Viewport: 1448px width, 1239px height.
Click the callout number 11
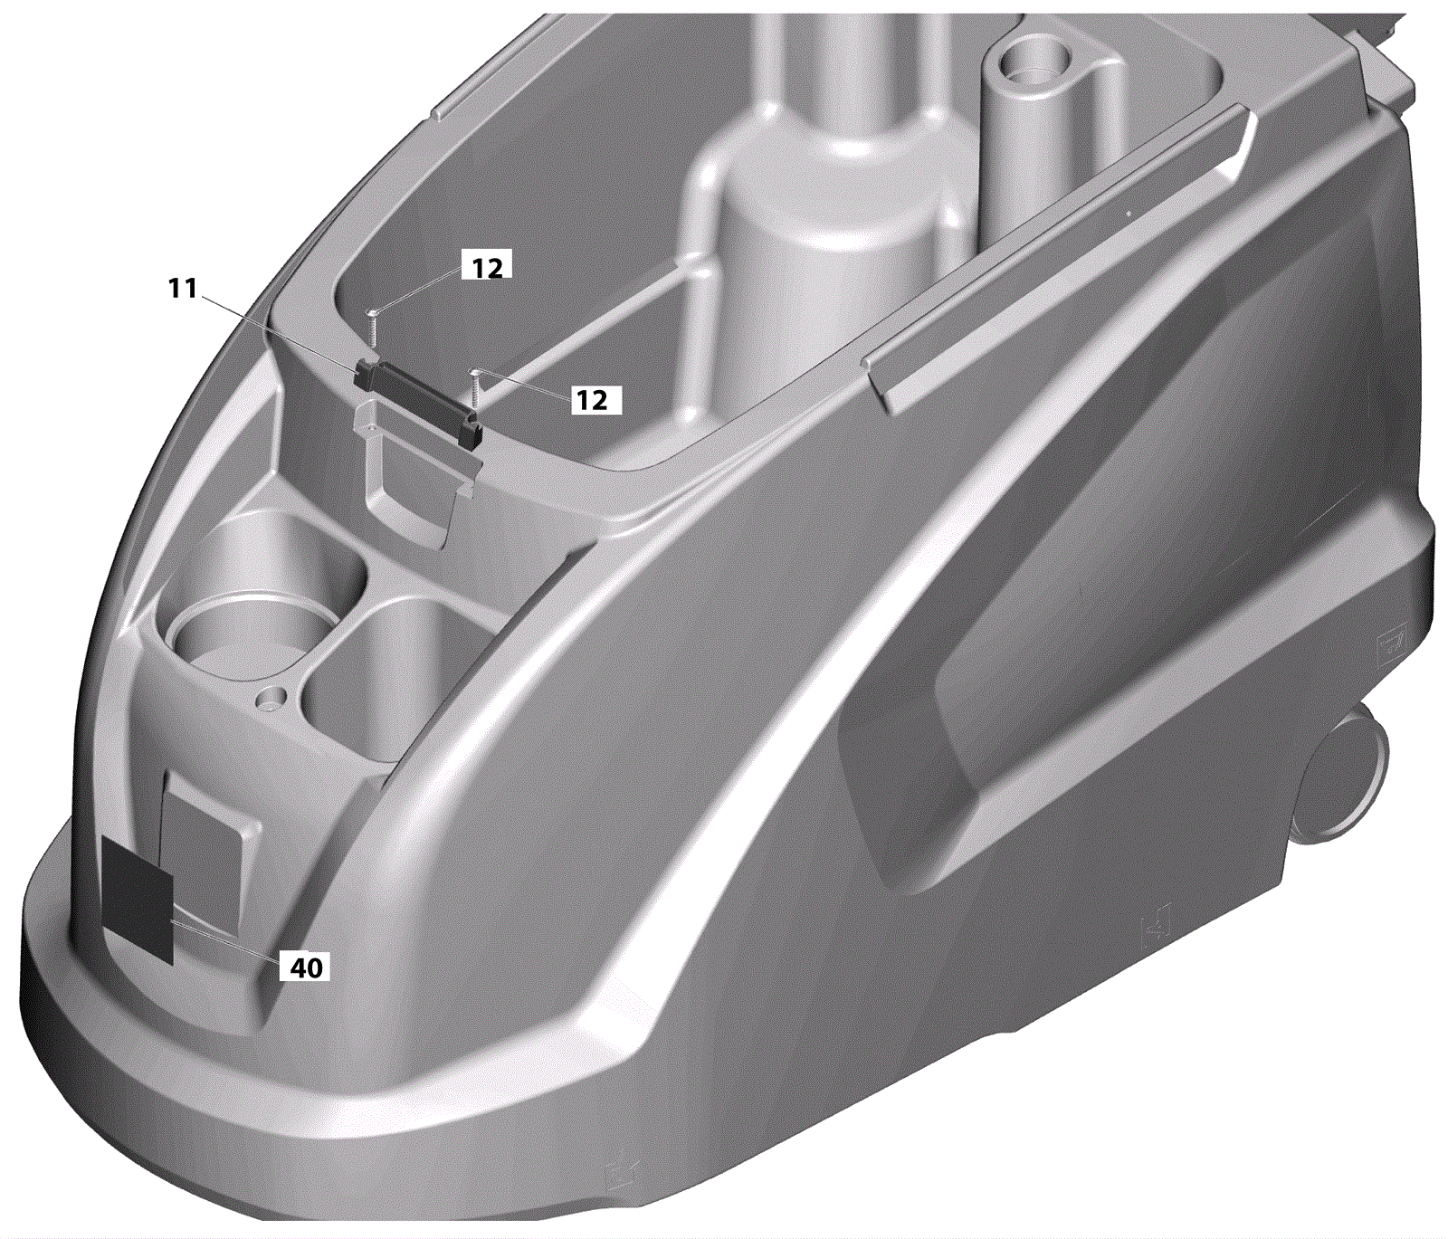pos(183,289)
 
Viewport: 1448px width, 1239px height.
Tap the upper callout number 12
pos(487,268)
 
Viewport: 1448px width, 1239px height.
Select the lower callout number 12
pos(593,400)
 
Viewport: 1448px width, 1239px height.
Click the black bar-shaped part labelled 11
pos(418,398)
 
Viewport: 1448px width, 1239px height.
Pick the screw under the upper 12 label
pos(372,326)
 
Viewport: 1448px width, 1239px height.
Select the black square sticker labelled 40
pos(138,898)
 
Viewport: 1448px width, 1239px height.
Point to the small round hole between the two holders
pos(270,698)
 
